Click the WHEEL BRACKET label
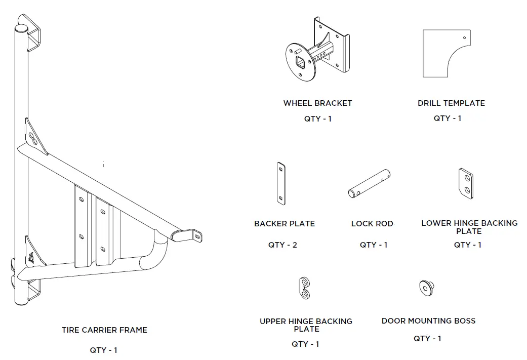coord(317,103)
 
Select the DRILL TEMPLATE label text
coord(451,103)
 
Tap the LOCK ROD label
coord(372,224)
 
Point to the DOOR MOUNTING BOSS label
coord(428,321)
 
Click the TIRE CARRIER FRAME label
coord(104,330)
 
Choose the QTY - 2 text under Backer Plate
coord(282,245)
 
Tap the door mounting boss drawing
coord(426,288)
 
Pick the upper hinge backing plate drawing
coord(304,288)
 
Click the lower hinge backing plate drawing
coord(466,183)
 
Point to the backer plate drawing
coord(281,183)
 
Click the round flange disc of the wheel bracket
coord(300,62)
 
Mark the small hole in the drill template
coord(465,37)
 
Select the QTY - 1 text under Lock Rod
coord(374,245)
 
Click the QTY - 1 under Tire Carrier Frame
coord(104,350)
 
